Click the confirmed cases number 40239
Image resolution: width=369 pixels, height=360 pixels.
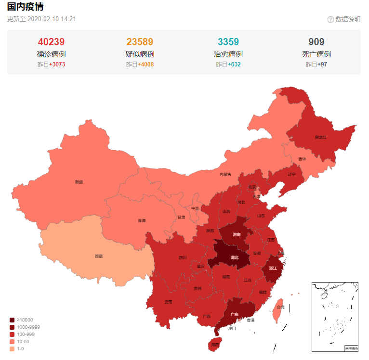(x=51, y=42)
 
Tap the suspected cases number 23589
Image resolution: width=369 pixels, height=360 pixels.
(x=140, y=42)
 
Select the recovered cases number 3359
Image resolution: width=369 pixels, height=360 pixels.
(x=228, y=42)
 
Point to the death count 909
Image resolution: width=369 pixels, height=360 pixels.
(x=316, y=42)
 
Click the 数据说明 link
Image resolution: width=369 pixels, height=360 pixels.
(x=347, y=19)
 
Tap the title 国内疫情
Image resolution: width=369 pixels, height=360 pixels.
(x=25, y=7)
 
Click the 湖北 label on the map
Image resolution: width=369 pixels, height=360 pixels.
(x=235, y=257)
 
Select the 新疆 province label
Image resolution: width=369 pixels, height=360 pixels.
(x=79, y=182)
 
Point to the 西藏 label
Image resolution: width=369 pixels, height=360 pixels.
(x=98, y=256)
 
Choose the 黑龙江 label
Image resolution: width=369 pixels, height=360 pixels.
(x=320, y=137)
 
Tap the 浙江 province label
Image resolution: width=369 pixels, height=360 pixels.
(x=273, y=268)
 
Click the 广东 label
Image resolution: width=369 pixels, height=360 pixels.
(x=235, y=314)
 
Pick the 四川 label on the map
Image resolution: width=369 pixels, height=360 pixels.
(x=183, y=257)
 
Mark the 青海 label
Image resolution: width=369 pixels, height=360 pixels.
(x=141, y=220)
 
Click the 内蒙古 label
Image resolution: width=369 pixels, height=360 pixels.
(x=225, y=174)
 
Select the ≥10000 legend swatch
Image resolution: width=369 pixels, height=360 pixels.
(x=12, y=320)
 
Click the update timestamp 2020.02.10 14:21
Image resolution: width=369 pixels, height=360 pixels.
(x=52, y=19)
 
